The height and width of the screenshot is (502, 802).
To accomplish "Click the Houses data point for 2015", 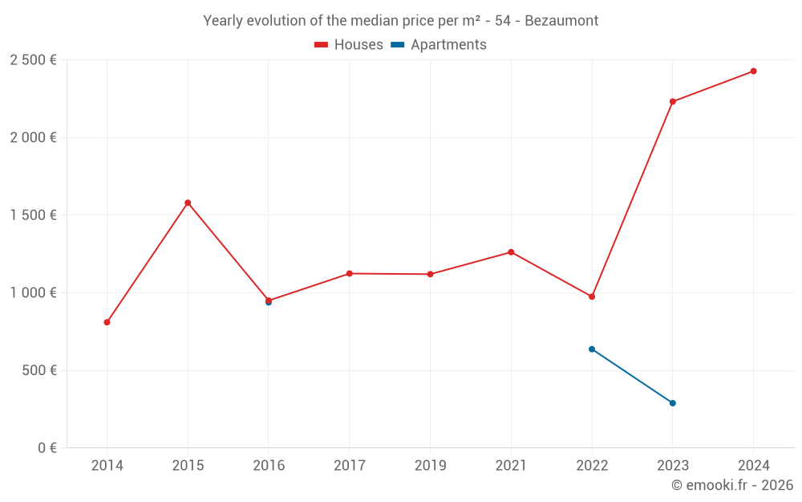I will point(188,202).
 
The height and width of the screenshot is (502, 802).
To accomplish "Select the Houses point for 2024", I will point(753,71).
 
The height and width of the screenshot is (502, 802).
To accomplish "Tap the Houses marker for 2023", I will point(672,102).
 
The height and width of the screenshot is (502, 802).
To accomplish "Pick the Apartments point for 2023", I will point(672,403).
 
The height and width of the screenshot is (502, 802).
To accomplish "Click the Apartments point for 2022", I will point(592,349).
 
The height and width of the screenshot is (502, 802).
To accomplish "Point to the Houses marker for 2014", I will point(107,322).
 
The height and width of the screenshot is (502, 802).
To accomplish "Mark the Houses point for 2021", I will point(511,252).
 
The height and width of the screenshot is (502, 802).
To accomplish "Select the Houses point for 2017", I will point(350,274).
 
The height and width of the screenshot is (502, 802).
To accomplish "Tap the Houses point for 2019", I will point(430,275).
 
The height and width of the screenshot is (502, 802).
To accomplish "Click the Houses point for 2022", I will point(592,296).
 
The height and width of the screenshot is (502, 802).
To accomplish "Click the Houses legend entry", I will point(349,45).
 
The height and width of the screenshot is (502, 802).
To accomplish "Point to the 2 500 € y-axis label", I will point(33,60).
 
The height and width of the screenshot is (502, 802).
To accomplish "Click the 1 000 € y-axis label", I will point(33,293).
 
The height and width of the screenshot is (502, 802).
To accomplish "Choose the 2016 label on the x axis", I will point(269,466).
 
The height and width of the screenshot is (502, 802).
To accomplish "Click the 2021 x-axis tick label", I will point(511,466).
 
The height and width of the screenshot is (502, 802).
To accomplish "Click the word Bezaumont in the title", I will point(561,21).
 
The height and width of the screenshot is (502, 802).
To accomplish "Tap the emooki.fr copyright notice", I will point(731,485).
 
